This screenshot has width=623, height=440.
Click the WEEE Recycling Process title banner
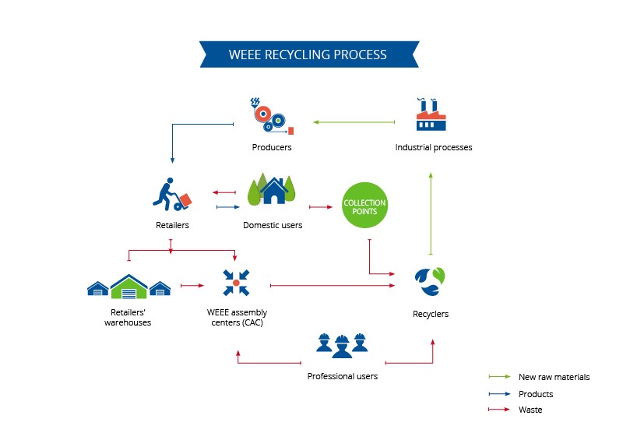tap(309, 54)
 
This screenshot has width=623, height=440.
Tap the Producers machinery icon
tap(272, 116)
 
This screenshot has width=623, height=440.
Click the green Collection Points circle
tap(364, 205)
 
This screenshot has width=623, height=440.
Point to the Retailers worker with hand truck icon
tap(172, 194)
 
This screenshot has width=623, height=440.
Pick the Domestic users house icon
tap(272, 188)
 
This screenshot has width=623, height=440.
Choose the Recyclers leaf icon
tap(430, 281)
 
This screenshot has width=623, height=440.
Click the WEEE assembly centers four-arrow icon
tap(236, 283)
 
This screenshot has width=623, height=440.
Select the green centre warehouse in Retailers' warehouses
tap(128, 287)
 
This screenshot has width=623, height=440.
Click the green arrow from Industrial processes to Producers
tap(354, 122)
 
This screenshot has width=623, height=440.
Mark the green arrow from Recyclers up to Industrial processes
tap(431, 213)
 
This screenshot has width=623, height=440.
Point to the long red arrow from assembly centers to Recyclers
tap(333, 285)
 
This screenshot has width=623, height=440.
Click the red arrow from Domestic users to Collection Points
tap(321, 206)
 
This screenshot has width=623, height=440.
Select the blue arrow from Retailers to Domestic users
tap(228, 206)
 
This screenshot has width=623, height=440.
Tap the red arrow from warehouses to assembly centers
tap(192, 285)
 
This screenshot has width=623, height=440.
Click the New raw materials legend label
tap(554, 377)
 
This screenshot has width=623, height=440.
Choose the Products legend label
tap(536, 394)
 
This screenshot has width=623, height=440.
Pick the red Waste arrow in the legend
tap(499, 409)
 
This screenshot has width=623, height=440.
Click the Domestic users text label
tap(273, 225)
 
